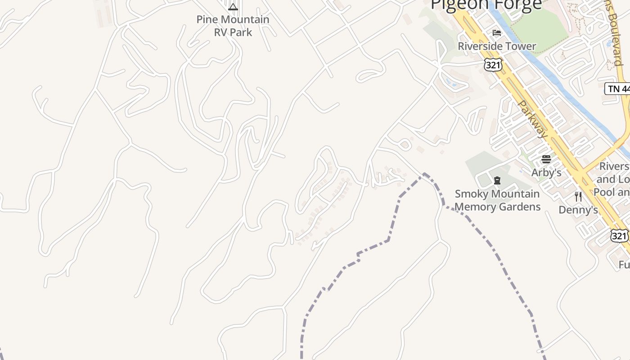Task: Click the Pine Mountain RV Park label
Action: tap(233, 26)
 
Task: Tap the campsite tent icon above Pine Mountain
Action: tap(233, 7)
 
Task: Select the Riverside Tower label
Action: tap(497, 46)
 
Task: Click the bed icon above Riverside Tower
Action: tap(497, 33)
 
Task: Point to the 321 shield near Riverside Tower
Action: tap(493, 65)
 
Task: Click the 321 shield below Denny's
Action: tap(619, 235)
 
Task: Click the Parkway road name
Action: tap(533, 119)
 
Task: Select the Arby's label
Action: tap(546, 173)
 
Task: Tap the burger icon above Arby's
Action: tap(546, 159)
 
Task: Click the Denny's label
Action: tap(578, 210)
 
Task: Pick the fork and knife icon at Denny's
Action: tap(578, 197)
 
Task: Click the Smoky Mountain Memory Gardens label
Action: tap(497, 200)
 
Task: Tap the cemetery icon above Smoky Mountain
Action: tap(497, 181)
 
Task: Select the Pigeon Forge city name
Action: tap(486, 4)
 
